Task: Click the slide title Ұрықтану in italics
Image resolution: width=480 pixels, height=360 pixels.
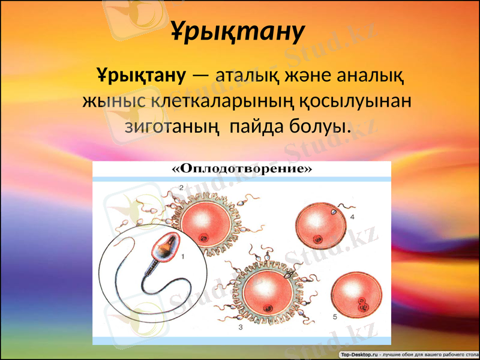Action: (239, 31)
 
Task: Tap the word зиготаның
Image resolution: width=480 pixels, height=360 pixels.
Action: (171, 127)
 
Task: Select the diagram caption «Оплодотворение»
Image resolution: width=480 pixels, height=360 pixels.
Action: (242, 169)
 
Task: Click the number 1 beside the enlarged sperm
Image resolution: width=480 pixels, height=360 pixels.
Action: (183, 256)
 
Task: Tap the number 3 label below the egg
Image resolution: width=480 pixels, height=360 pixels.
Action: (240, 328)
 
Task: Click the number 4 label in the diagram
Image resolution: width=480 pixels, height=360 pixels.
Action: (352, 215)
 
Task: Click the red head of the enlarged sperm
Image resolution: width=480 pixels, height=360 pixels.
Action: (166, 247)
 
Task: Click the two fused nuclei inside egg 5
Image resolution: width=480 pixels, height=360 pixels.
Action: (362, 304)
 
